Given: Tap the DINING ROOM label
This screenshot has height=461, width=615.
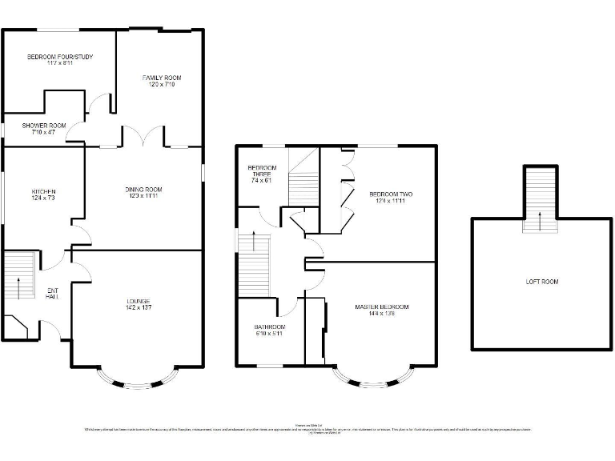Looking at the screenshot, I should pyautogui.click(x=143, y=190).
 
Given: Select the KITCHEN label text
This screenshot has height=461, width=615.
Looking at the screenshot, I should pyautogui.click(x=43, y=192).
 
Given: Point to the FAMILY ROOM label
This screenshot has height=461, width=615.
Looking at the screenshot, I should pyautogui.click(x=162, y=78).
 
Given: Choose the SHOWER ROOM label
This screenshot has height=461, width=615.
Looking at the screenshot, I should pyautogui.click(x=44, y=126).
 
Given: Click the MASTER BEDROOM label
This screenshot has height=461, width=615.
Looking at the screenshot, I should pyautogui.click(x=382, y=307).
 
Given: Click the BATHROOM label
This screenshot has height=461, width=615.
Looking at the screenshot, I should pyautogui.click(x=270, y=327).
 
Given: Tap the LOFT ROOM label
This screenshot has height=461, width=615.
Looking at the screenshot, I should pyautogui.click(x=541, y=282).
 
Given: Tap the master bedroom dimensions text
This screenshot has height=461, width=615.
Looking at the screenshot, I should pyautogui.click(x=382, y=314).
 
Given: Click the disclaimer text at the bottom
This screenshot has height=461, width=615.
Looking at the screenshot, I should pyautogui.click(x=307, y=430).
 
